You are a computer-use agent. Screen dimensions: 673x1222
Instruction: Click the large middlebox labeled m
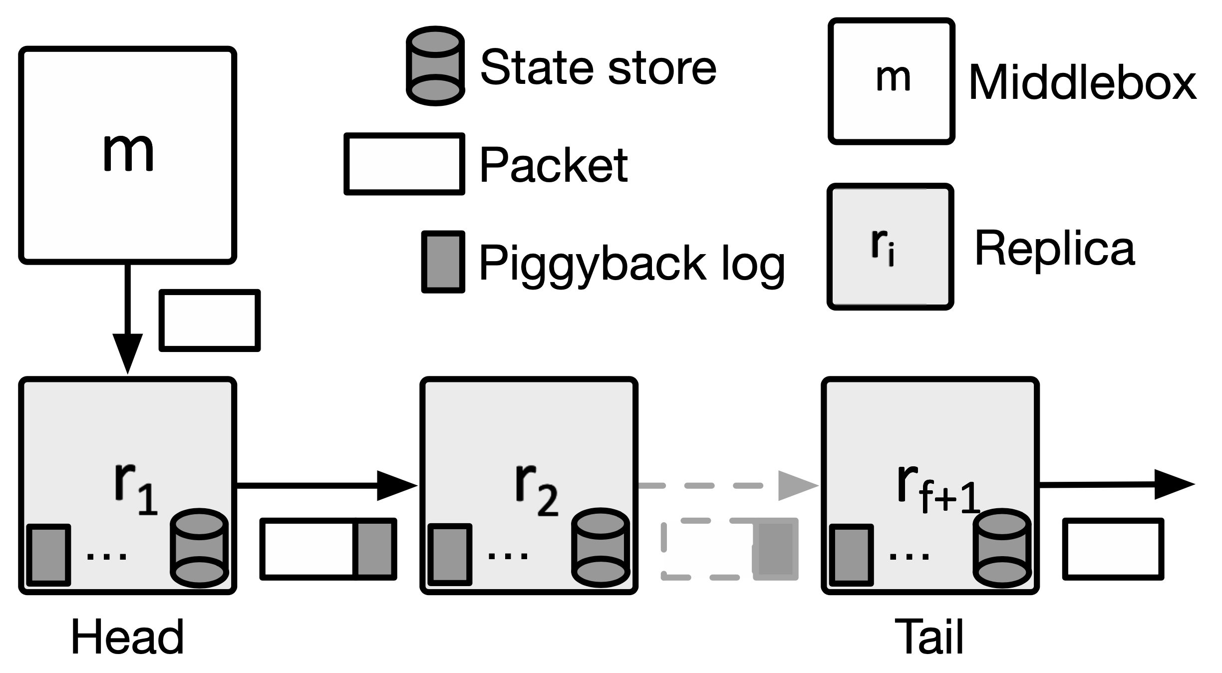127,155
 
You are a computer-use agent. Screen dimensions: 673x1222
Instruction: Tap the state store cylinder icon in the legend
435,66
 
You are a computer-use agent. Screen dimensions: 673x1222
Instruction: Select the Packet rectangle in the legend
404,164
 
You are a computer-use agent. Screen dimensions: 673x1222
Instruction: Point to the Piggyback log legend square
443,262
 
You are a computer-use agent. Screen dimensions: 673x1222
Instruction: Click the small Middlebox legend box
892,81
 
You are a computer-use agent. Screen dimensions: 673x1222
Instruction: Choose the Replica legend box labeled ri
891,247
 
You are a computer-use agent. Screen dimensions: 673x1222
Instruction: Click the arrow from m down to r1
128,320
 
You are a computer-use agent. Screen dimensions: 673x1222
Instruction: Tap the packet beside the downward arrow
210,321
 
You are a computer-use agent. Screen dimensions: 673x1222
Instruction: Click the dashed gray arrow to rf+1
729,485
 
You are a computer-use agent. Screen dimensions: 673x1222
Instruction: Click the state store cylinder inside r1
200,548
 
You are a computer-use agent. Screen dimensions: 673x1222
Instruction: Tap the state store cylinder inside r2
601,548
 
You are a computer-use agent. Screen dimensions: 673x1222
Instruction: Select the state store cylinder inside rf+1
1002,548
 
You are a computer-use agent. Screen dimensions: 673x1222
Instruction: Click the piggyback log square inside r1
48,555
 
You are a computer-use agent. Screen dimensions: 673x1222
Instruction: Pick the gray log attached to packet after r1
375,549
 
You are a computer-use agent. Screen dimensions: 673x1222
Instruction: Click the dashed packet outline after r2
709,549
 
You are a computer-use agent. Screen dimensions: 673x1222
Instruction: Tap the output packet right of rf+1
1113,549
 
